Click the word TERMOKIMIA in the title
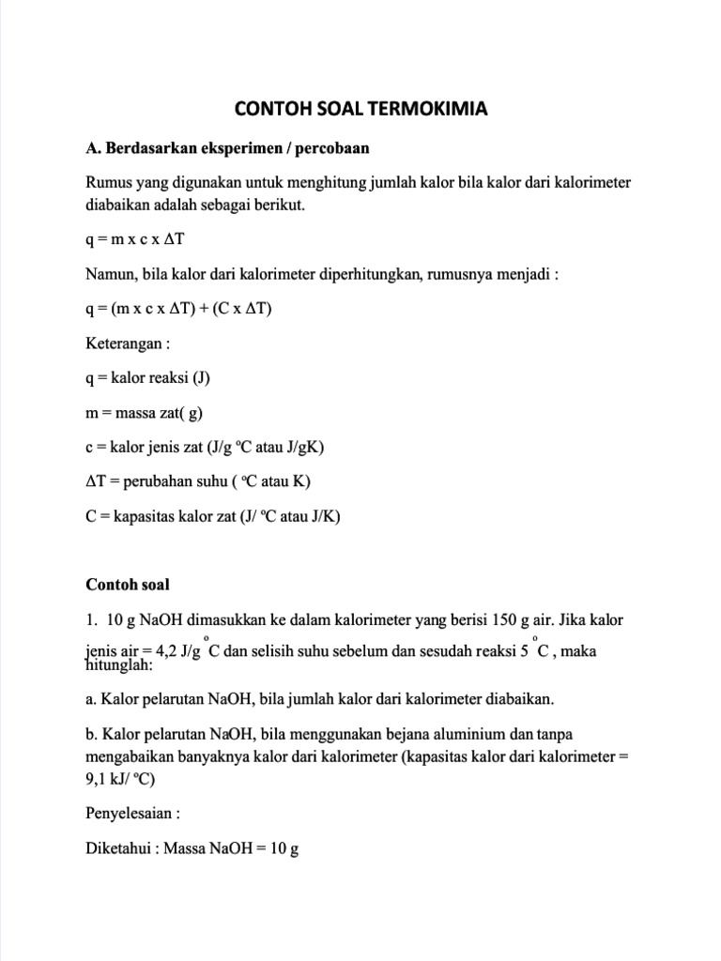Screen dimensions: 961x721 434,109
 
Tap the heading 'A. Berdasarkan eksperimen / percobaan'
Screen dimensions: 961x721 228,148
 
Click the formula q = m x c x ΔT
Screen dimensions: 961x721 141,239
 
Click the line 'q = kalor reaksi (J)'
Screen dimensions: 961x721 147,378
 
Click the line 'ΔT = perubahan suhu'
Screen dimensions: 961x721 197,480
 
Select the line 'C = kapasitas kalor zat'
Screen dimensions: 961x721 212,515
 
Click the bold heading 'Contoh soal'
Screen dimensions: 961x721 128,584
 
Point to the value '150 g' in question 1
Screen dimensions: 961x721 508,620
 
